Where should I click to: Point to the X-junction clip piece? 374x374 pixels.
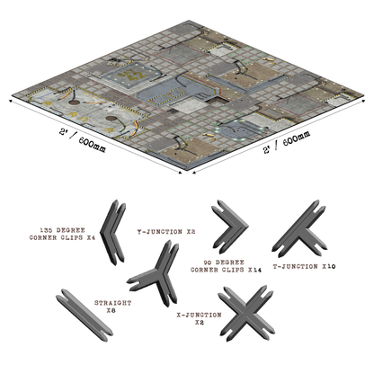[246, 314]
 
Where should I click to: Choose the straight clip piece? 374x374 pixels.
[85, 316]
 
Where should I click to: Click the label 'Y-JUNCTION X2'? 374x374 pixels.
[166, 232]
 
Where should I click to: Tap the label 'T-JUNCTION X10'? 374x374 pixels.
[304, 266]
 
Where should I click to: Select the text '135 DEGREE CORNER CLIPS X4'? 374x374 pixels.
[62, 234]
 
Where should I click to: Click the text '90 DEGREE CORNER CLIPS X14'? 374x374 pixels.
[226, 266]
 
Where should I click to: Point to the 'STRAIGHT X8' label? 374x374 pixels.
[112, 307]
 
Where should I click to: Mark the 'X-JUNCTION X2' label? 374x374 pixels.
[199, 318]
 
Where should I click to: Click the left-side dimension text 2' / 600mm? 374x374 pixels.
[83, 140]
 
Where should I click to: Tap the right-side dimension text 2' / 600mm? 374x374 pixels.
[287, 142]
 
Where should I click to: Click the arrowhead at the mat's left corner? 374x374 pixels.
[12, 101]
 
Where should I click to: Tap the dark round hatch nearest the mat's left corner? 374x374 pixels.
[74, 102]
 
